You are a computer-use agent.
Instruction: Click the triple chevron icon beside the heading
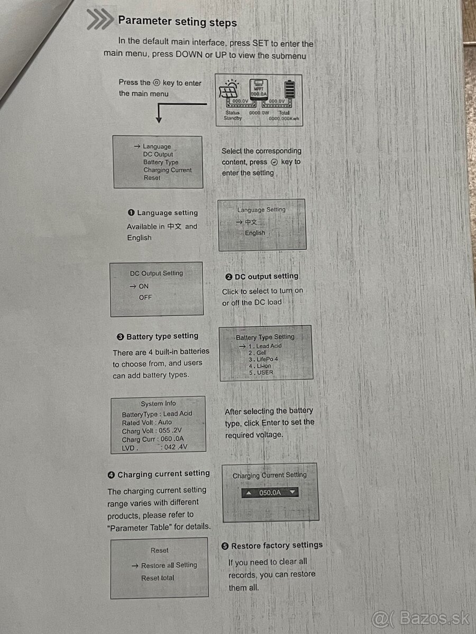click(100, 19)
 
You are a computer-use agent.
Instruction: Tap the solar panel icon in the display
click(229, 89)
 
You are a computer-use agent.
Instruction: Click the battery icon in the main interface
click(290, 89)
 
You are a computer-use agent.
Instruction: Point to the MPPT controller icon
click(259, 89)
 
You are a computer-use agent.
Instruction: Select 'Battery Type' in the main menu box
click(161, 162)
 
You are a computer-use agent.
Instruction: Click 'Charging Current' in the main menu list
click(167, 170)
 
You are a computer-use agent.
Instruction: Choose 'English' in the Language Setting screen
click(255, 233)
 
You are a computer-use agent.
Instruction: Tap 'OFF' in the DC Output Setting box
click(145, 297)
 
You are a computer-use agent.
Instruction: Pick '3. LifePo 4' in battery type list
click(263, 359)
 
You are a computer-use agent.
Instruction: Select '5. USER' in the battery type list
click(261, 372)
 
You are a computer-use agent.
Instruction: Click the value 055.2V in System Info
click(170, 431)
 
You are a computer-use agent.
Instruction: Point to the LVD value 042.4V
click(176, 447)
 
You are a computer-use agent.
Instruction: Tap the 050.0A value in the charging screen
click(270, 492)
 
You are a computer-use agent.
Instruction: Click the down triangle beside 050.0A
click(292, 491)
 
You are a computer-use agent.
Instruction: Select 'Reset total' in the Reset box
click(158, 577)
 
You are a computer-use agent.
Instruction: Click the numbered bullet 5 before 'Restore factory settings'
click(225, 546)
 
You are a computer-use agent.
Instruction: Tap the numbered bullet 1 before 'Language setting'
click(131, 213)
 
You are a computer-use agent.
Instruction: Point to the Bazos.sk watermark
click(420, 619)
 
